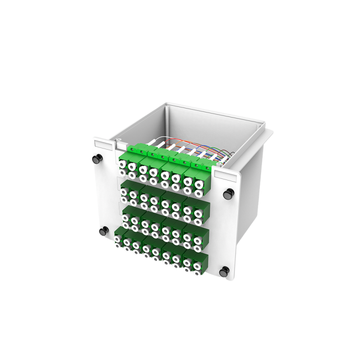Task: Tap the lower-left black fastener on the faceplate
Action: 103,231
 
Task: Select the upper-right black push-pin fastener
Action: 229,193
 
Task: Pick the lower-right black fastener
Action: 224,271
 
